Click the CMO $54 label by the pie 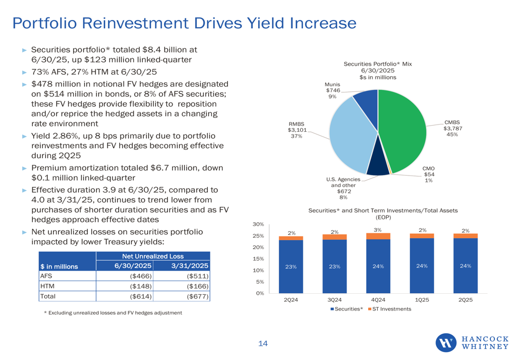tap(429, 174)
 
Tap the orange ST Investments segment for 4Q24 tap(378, 236)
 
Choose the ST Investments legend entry tap(389, 308)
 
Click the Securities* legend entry tap(347, 308)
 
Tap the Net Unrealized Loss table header tap(153, 256)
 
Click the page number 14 tap(263, 344)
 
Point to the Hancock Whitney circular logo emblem tap(447, 343)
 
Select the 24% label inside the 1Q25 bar tap(421, 266)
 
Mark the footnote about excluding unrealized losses tap(113, 313)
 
